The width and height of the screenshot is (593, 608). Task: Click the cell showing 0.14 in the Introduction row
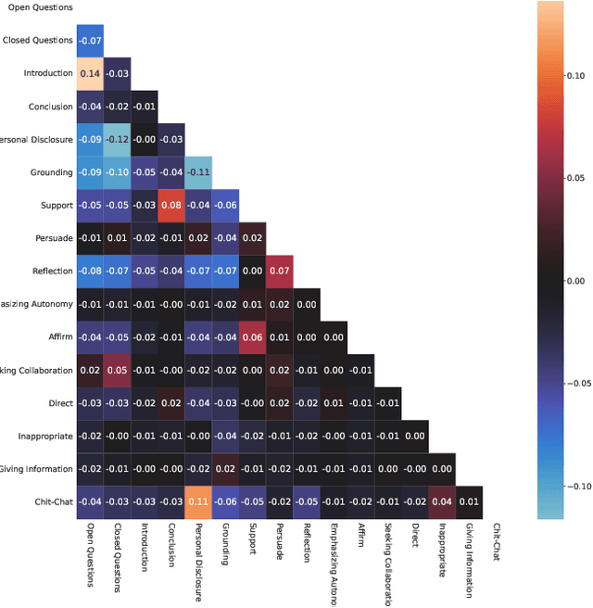90,73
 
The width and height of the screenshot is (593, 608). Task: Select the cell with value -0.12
117,139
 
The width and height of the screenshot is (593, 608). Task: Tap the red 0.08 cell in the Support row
170,205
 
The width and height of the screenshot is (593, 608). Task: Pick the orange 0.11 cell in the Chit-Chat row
197,501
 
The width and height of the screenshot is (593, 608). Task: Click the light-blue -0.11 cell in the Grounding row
197,171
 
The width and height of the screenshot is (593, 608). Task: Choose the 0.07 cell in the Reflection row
279,271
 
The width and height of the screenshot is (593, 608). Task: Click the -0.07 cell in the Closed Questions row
90,41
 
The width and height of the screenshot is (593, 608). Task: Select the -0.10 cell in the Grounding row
117,171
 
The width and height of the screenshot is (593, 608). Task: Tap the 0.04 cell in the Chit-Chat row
441,501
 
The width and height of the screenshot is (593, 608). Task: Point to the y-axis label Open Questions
39,7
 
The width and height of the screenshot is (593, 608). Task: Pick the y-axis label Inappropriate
44,436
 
